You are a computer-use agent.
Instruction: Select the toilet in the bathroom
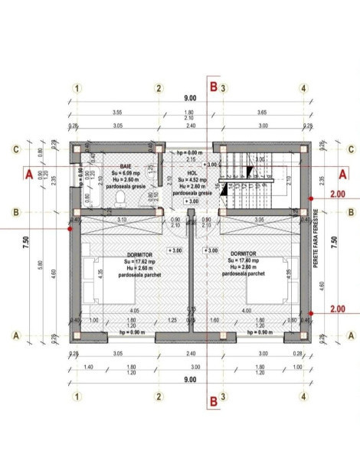tap(116, 199)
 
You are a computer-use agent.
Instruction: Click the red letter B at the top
tap(214, 87)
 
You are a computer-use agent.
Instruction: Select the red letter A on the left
tap(28, 175)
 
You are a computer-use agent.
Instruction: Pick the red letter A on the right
tap(342, 174)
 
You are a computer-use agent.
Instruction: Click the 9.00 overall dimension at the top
tap(189, 99)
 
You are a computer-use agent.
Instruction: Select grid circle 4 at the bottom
tap(304, 396)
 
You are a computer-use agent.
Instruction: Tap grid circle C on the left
tap(16, 149)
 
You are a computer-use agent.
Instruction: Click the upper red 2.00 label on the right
tap(337, 194)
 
